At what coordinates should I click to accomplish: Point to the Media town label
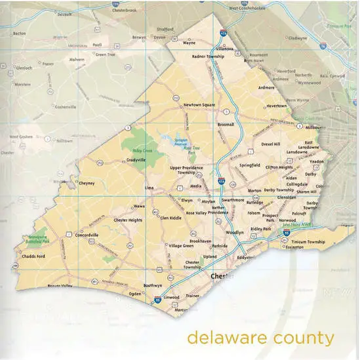tap(196, 186)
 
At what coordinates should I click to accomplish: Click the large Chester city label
tap(222, 277)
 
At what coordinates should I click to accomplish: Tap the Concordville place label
tap(87, 234)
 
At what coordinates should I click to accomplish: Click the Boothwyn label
tap(153, 286)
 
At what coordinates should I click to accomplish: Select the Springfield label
tap(250, 165)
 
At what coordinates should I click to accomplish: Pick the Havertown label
tap(276, 106)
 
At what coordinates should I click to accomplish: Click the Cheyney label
tap(87, 184)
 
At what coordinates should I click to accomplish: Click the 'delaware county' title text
tap(260, 338)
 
